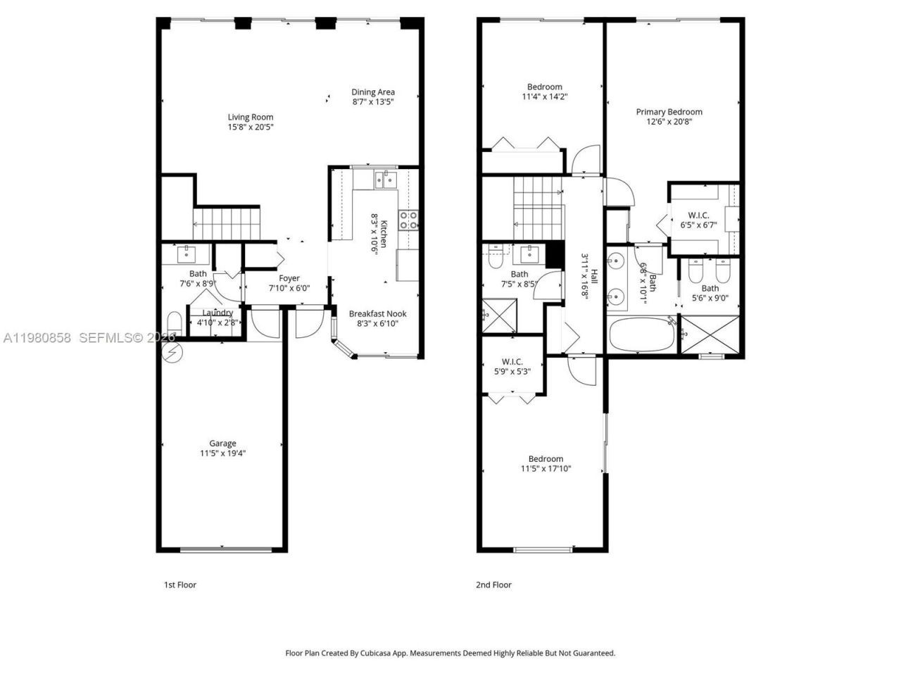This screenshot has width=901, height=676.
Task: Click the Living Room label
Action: [250, 118]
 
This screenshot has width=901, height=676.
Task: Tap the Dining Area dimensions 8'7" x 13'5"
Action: [373, 102]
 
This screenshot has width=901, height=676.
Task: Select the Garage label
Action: [222, 443]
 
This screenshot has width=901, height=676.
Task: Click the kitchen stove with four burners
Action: [408, 220]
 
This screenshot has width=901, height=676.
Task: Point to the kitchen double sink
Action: [385, 180]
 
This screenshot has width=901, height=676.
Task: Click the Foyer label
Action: [289, 278]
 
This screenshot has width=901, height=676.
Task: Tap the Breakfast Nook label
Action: [377, 314]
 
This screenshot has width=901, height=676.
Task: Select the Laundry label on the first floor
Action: [218, 313]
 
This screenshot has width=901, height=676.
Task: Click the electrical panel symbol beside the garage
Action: [170, 352]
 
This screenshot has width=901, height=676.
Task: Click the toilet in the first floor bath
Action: [174, 325]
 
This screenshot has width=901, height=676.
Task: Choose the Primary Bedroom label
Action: [669, 112]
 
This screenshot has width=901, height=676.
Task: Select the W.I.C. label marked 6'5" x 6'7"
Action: [698, 215]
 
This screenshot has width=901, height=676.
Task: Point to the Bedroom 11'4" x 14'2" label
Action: [544, 87]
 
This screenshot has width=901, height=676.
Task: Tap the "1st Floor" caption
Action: [179, 584]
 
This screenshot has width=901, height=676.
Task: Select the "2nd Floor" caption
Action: [494, 584]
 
